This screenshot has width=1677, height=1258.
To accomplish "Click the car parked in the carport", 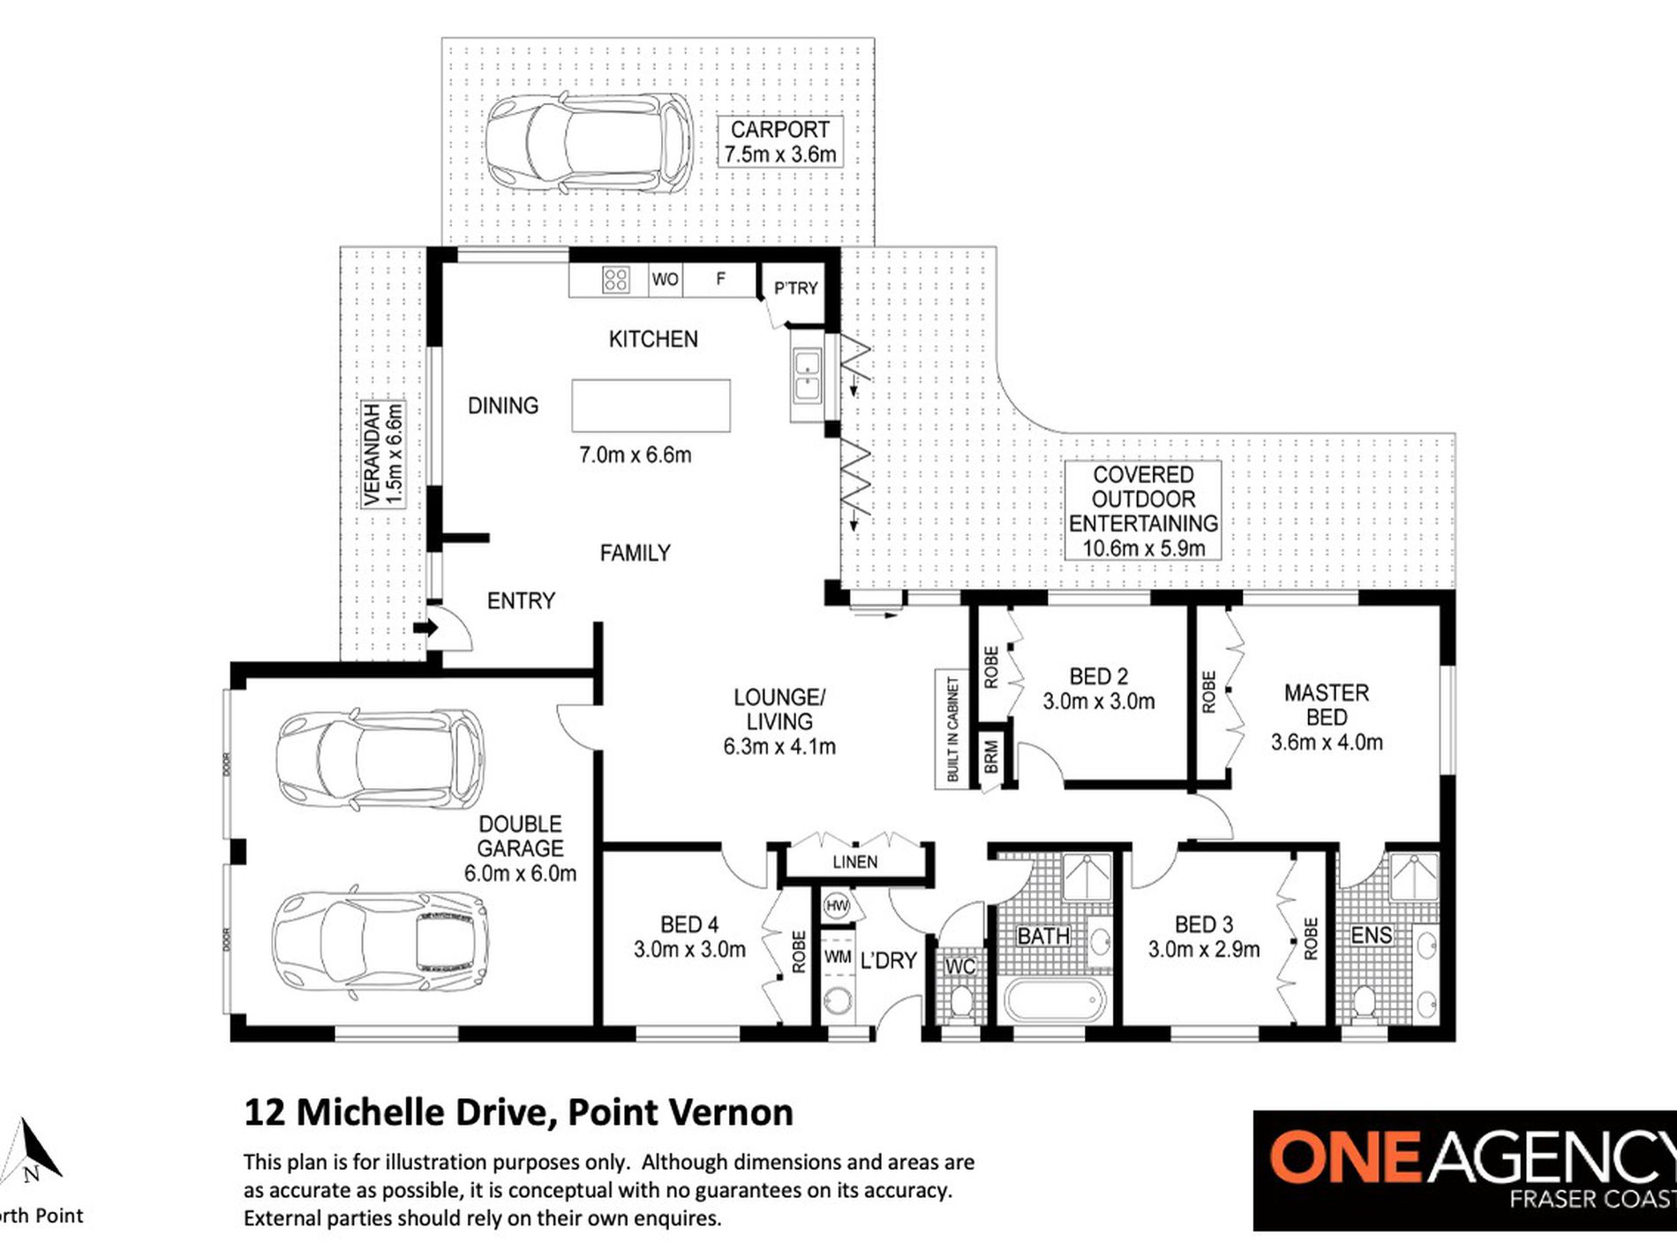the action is coord(590,143).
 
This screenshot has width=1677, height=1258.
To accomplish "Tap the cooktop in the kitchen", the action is coord(615,280).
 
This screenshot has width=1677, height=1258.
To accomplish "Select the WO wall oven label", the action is coord(665,280).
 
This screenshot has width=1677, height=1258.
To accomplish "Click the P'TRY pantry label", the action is coord(795,288).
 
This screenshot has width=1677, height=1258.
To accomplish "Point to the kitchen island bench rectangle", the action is coord(650,405).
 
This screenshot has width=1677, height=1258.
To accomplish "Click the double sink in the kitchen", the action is coord(808,376).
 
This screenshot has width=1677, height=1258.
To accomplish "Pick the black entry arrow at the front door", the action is coord(425,629).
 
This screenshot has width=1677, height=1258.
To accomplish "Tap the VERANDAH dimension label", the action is coord(383,455).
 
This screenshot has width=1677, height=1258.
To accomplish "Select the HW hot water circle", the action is coord(836,906).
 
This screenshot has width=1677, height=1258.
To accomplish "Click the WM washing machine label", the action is coord(838,957).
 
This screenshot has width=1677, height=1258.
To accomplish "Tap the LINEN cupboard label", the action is coord(854,862).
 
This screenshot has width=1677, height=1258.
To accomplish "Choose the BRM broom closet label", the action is coord(990,757).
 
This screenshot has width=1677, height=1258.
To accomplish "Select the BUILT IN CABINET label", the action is coord(952,729).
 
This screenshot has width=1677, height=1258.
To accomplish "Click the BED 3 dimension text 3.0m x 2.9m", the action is coord(1203,950).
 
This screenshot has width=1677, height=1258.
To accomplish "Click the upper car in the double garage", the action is coord(380,758).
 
